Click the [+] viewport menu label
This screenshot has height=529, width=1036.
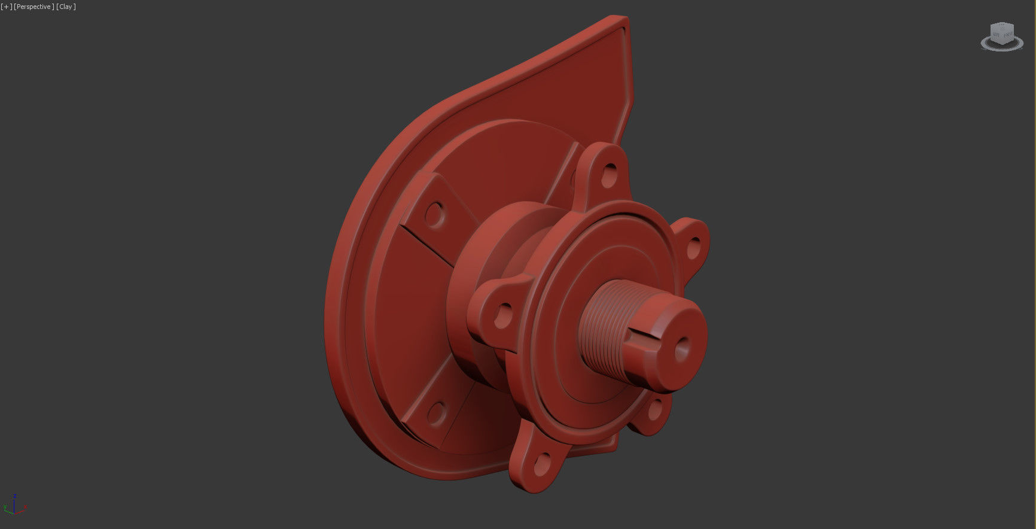(7, 7)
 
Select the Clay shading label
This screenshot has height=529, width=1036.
(66, 7)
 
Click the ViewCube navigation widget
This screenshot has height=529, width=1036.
(1002, 35)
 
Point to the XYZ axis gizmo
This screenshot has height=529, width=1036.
(15, 506)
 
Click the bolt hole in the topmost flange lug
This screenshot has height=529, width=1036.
(610, 174)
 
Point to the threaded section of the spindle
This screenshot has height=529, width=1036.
(604, 323)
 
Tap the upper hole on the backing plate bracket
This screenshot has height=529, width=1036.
(435, 214)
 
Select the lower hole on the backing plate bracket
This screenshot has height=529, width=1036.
(437, 412)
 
